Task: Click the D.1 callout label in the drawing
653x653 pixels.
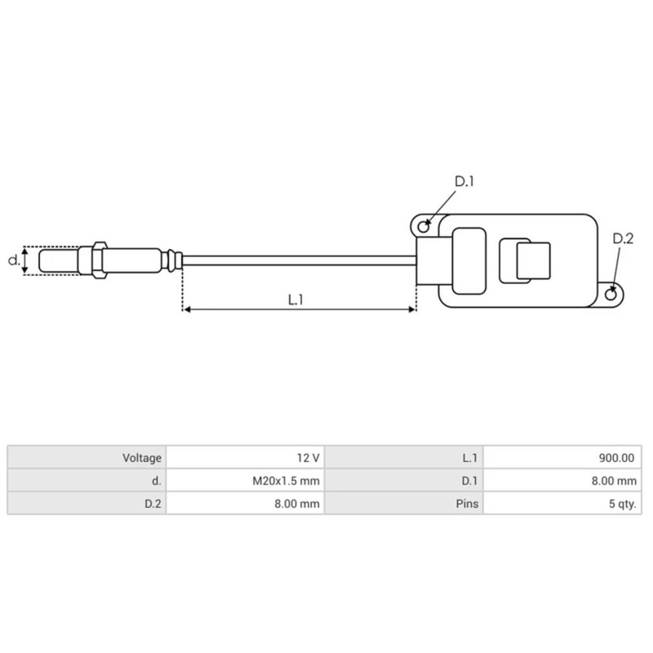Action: click(464, 181)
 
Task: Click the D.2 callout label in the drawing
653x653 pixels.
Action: click(623, 238)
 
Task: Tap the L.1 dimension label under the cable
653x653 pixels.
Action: click(296, 300)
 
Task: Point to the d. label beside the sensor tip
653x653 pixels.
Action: click(13, 261)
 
